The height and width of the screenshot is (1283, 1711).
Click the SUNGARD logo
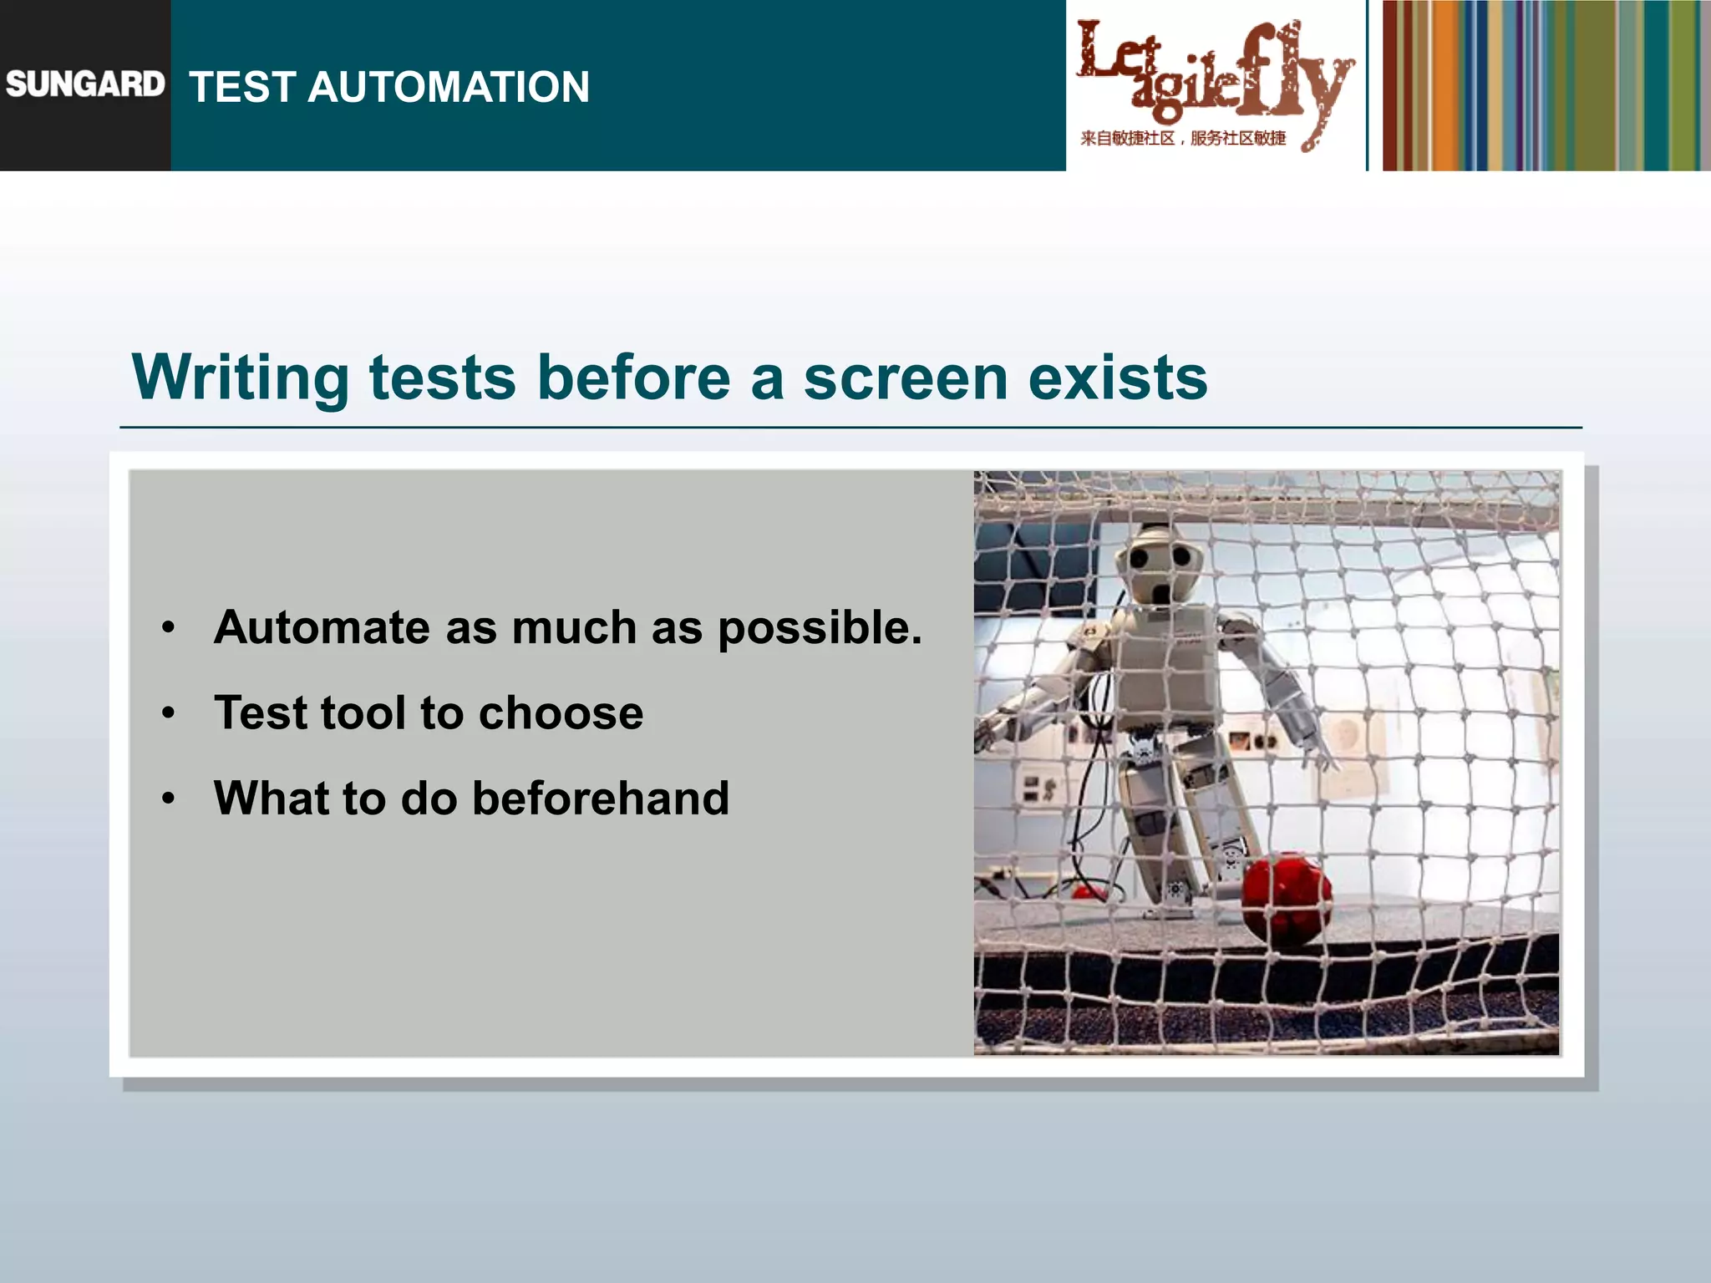[84, 84]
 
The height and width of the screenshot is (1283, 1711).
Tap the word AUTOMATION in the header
[449, 87]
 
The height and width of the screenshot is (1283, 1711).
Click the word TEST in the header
[242, 87]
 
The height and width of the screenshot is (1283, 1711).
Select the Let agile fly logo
[1213, 75]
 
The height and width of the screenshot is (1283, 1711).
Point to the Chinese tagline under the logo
[1182, 139]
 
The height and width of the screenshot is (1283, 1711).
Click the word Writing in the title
[240, 378]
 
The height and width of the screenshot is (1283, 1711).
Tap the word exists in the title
[1117, 378]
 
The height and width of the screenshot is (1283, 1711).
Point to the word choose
[561, 712]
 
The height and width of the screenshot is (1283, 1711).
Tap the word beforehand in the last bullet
[600, 798]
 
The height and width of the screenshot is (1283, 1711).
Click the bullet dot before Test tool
[169, 713]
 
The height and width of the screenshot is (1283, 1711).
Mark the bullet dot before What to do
[169, 799]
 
